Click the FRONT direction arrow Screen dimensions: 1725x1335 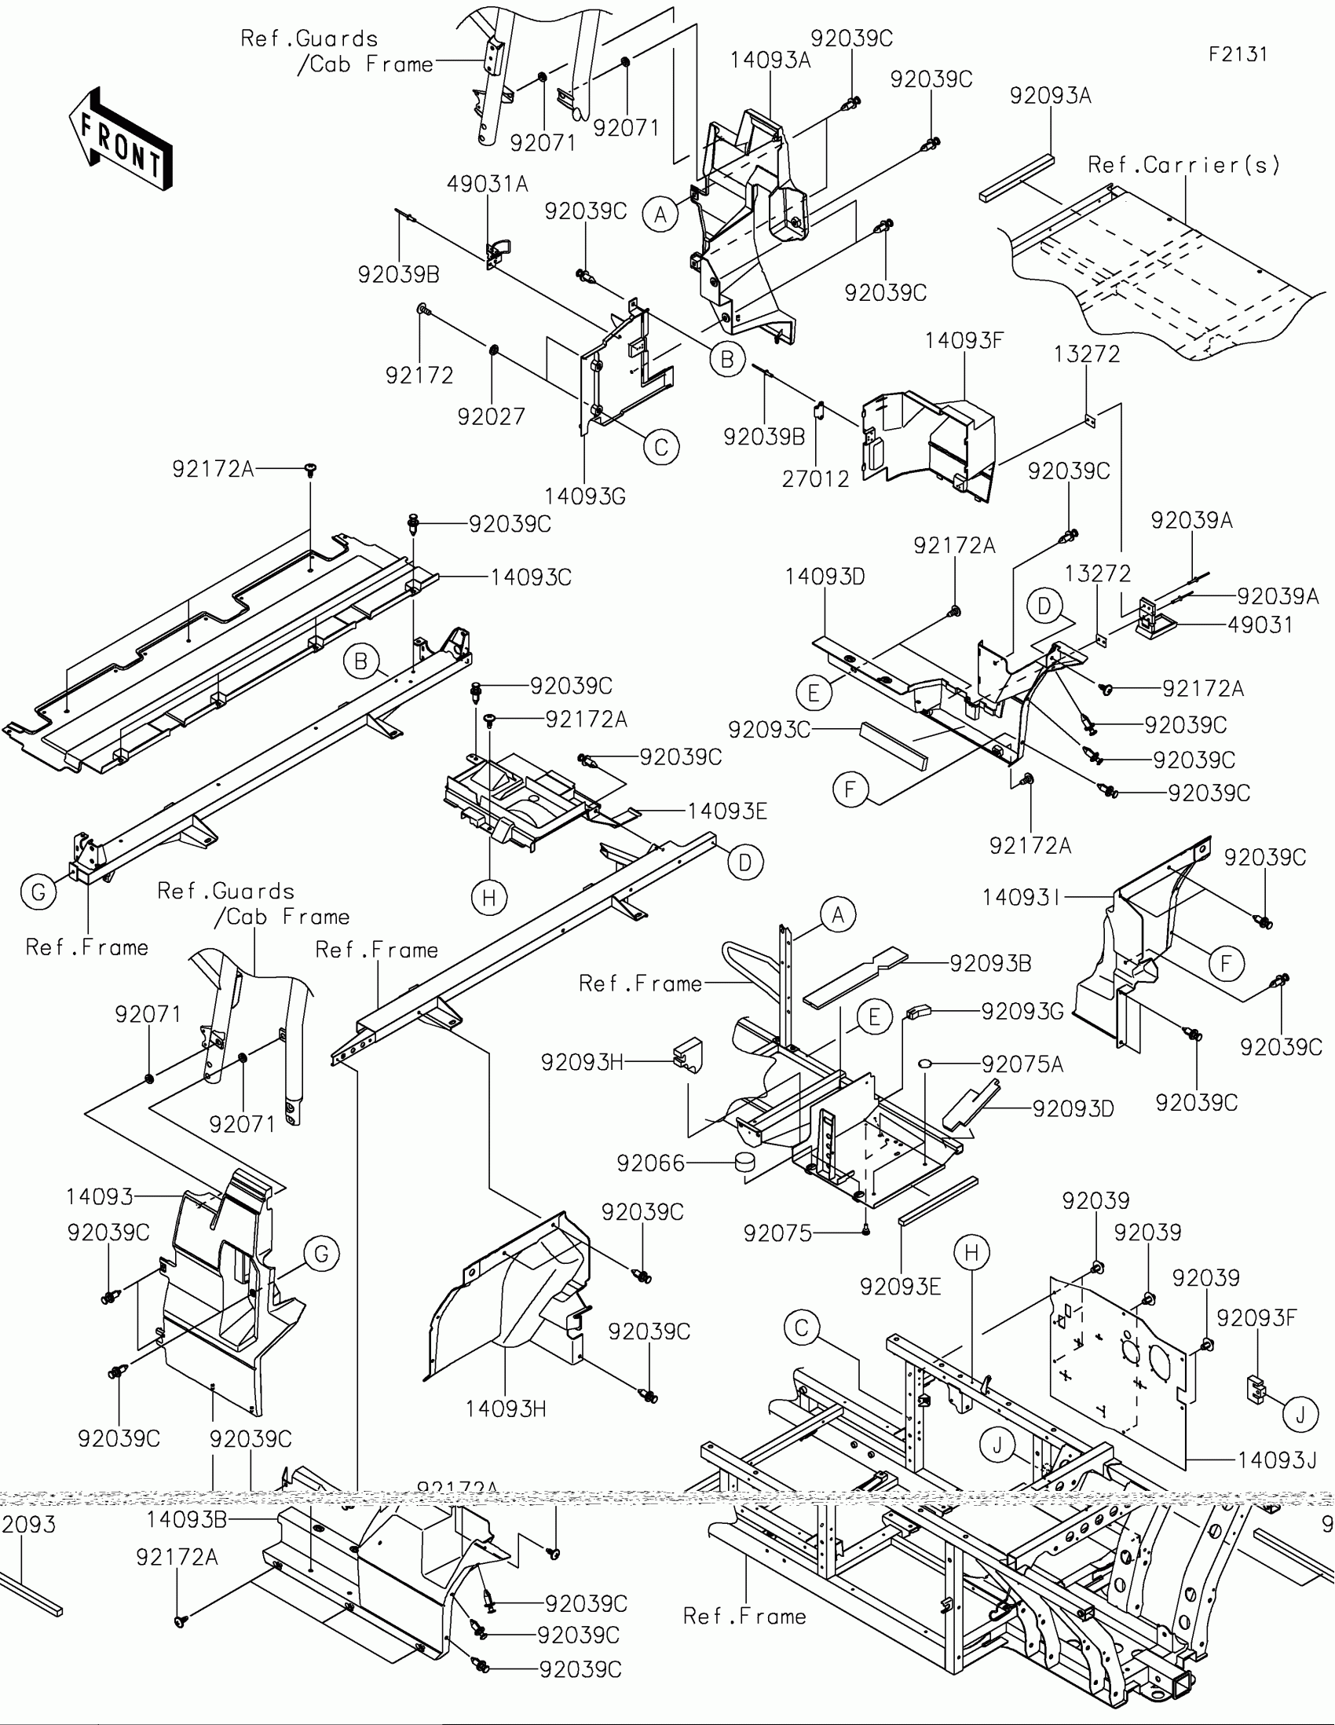[x=120, y=140]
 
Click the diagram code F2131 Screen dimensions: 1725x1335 [x=1238, y=54]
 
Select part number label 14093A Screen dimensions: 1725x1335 [x=770, y=60]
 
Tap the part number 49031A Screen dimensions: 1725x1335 [x=487, y=184]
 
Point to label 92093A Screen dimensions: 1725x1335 [x=1050, y=96]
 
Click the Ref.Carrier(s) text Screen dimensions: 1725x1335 [x=1183, y=165]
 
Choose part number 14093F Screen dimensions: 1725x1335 [x=964, y=341]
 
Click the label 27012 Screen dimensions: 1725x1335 [x=815, y=478]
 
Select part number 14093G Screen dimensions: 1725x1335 [x=584, y=496]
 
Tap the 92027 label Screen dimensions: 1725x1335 [x=491, y=416]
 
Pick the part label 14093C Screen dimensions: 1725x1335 [x=531, y=577]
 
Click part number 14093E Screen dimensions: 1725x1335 [x=727, y=811]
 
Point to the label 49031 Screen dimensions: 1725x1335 [x=1260, y=624]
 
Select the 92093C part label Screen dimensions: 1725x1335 [x=769, y=730]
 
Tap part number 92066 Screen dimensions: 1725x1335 [x=650, y=1163]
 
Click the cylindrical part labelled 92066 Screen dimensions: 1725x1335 [x=744, y=1163]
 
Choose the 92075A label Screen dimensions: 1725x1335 [x=1022, y=1064]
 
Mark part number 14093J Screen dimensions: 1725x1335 [x=1277, y=1460]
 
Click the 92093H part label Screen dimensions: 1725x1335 [x=581, y=1062]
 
